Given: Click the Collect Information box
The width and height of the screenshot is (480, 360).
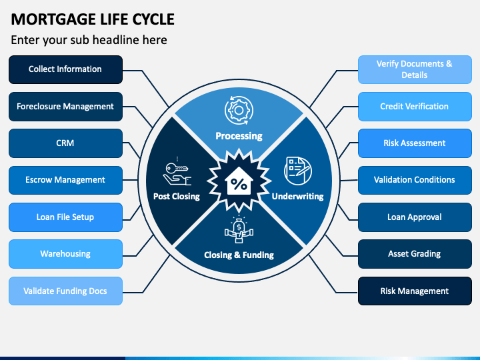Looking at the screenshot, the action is pyautogui.click(x=65, y=69).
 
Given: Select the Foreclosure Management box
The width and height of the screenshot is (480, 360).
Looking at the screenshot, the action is pyautogui.click(x=65, y=107).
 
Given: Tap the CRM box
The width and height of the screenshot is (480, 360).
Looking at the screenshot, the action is pyautogui.click(x=65, y=143).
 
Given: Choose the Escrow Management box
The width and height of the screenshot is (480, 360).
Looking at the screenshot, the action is pyautogui.click(x=65, y=180).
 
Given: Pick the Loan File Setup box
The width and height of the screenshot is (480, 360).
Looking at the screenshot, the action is pyautogui.click(x=65, y=217).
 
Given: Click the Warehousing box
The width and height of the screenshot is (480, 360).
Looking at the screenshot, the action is pyautogui.click(x=65, y=254).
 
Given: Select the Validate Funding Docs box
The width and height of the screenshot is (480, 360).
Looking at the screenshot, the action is pyautogui.click(x=65, y=291).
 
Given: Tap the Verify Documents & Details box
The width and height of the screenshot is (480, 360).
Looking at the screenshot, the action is pyautogui.click(x=415, y=69).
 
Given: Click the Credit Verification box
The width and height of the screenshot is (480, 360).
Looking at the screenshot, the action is pyautogui.click(x=415, y=107).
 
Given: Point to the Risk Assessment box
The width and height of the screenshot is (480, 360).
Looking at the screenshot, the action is pyautogui.click(x=415, y=143).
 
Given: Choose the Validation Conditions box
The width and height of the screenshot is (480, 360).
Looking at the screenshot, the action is pyautogui.click(x=415, y=180).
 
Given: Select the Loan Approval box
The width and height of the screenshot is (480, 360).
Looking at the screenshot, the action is pyautogui.click(x=415, y=217).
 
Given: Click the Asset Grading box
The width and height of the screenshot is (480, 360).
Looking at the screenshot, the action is pyautogui.click(x=415, y=254).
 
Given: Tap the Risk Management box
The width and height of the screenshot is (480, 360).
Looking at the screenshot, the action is pyautogui.click(x=415, y=291).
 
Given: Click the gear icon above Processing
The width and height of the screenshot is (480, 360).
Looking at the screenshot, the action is pyautogui.click(x=239, y=110).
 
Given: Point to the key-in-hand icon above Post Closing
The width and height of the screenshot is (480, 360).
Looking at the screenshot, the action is pyautogui.click(x=177, y=172).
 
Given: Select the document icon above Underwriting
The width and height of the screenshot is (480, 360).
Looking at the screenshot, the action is pyautogui.click(x=298, y=171).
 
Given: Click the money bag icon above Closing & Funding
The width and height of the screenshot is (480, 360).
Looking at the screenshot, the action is pyautogui.click(x=239, y=229).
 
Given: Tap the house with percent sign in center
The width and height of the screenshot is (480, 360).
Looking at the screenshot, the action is pyautogui.click(x=239, y=181).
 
